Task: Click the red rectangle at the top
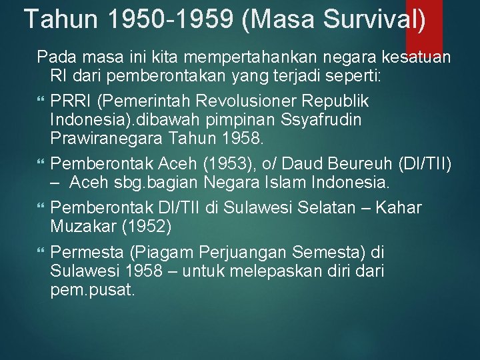(424, 27)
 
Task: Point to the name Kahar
(398, 207)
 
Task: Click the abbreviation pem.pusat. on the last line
(92, 291)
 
